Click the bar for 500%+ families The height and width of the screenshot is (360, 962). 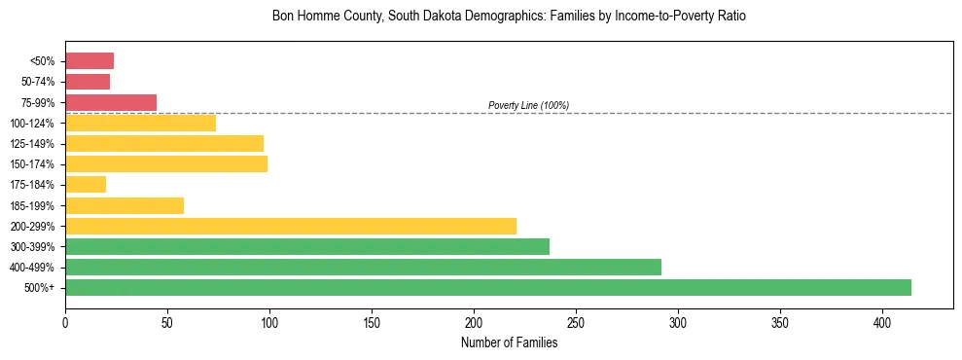[488, 287]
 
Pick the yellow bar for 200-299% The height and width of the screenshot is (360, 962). [291, 226]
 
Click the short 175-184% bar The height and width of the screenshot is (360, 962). [86, 184]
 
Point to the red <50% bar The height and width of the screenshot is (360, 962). [89, 61]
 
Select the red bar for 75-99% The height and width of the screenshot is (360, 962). [111, 102]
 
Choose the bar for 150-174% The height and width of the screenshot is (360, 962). [166, 163]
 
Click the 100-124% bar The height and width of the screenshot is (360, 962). [140, 123]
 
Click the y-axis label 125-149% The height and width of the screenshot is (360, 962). [33, 144]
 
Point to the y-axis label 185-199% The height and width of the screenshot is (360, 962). [33, 205]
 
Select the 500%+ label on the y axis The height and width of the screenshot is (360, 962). [41, 288]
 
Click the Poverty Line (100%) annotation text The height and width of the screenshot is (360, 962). [528, 105]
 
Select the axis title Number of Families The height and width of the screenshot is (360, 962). [509, 342]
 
